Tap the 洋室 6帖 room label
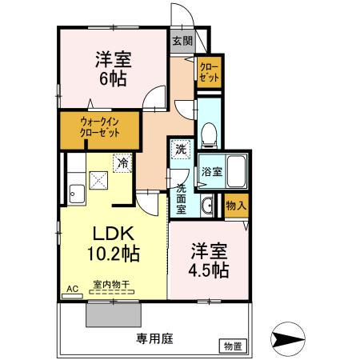point(114,69)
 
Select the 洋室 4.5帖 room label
point(209,260)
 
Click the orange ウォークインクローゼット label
point(99,127)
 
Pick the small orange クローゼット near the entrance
point(210,72)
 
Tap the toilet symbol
point(208,135)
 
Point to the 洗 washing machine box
point(180,150)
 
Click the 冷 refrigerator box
point(122,162)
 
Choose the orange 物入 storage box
point(235,205)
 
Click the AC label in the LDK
point(70,288)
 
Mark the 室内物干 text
point(111,286)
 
